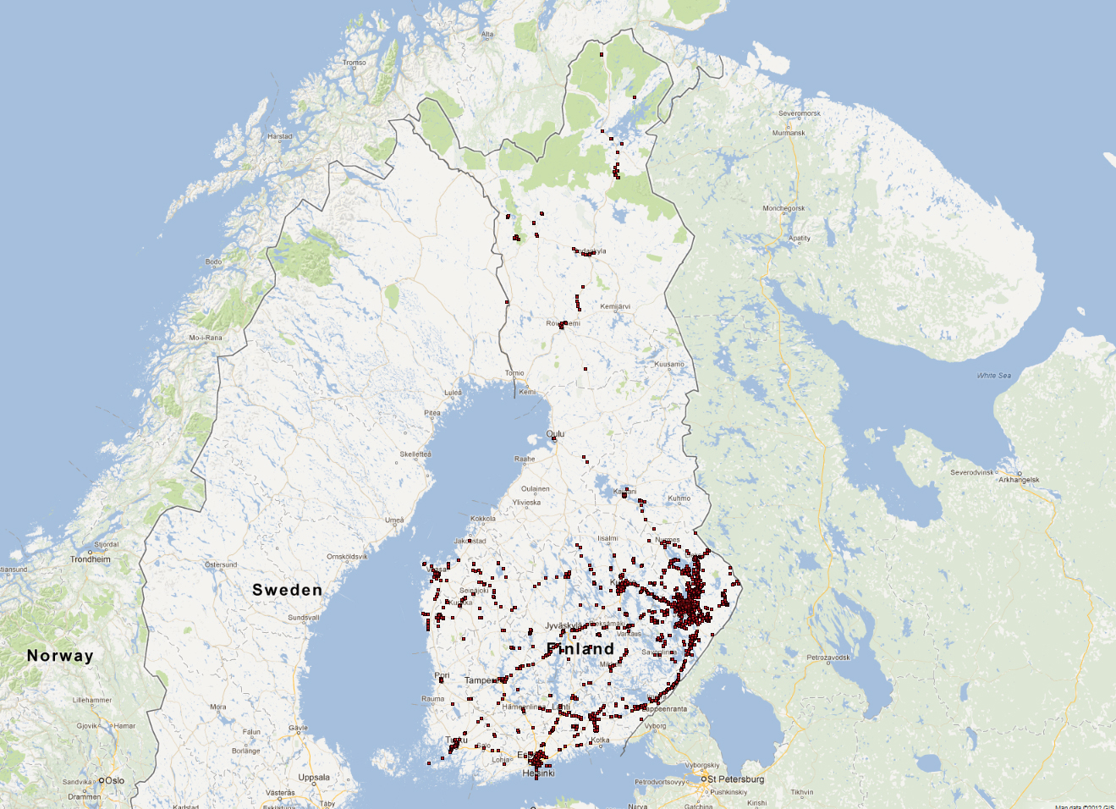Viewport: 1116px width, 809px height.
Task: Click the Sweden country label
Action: click(x=287, y=590)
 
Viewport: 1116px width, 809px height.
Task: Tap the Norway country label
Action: click(x=60, y=655)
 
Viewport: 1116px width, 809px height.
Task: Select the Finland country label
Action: click(x=580, y=649)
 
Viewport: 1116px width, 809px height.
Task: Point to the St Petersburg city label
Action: click(x=735, y=779)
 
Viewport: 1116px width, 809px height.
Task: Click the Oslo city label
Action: click(x=114, y=780)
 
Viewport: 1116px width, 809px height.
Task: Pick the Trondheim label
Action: click(x=90, y=559)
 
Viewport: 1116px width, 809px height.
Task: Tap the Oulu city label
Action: click(x=555, y=434)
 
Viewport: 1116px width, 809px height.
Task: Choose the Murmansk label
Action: click(x=789, y=133)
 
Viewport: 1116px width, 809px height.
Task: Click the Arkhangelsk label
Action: click(x=1019, y=480)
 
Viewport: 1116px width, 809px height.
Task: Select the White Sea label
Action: click(x=993, y=376)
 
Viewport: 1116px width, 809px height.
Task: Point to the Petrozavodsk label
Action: click(x=828, y=658)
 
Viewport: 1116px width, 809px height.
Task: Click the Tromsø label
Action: click(x=355, y=63)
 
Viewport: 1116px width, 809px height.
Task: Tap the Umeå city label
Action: click(x=394, y=520)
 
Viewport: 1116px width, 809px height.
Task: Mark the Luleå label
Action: click(x=453, y=393)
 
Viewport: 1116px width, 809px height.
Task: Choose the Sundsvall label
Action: click(x=304, y=618)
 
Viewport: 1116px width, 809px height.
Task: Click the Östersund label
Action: click(x=221, y=564)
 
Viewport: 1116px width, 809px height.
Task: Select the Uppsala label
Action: click(x=314, y=778)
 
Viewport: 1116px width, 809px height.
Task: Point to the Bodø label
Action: click(x=213, y=261)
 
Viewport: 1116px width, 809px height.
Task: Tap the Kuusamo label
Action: click(x=669, y=364)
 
